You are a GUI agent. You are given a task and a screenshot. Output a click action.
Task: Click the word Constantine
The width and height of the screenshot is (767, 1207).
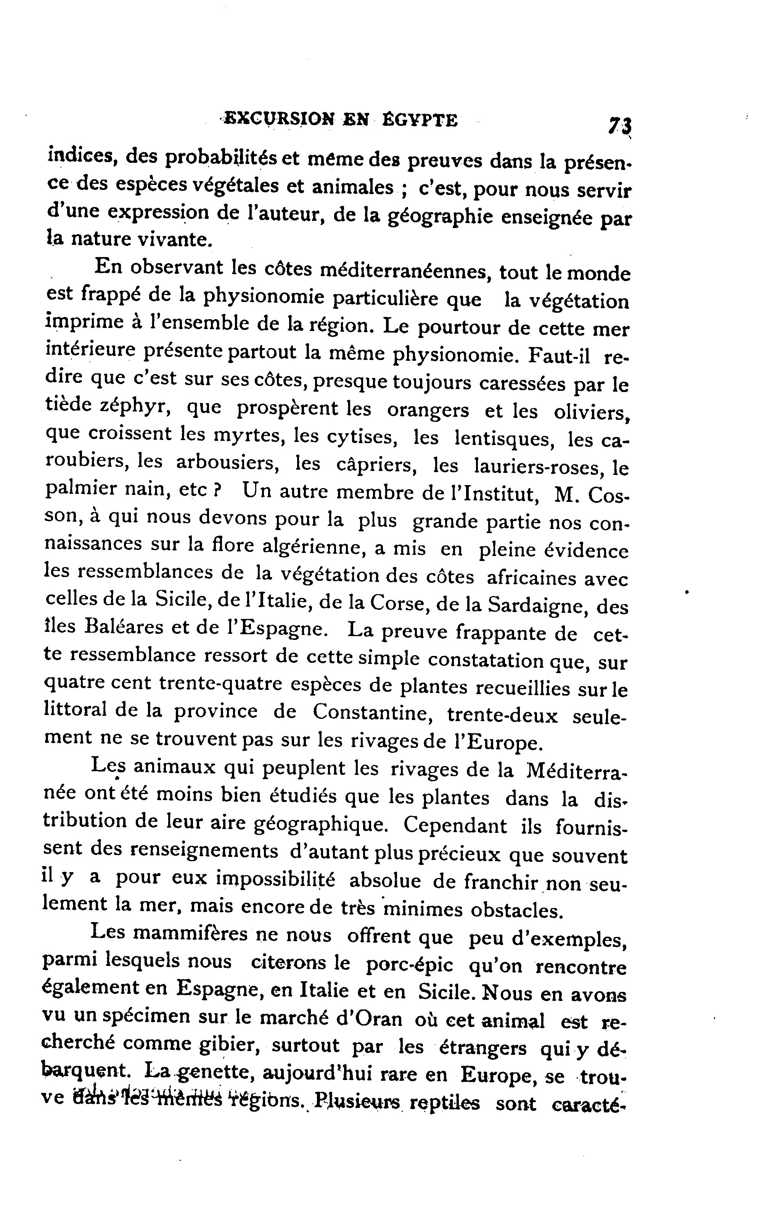pos(373,713)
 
